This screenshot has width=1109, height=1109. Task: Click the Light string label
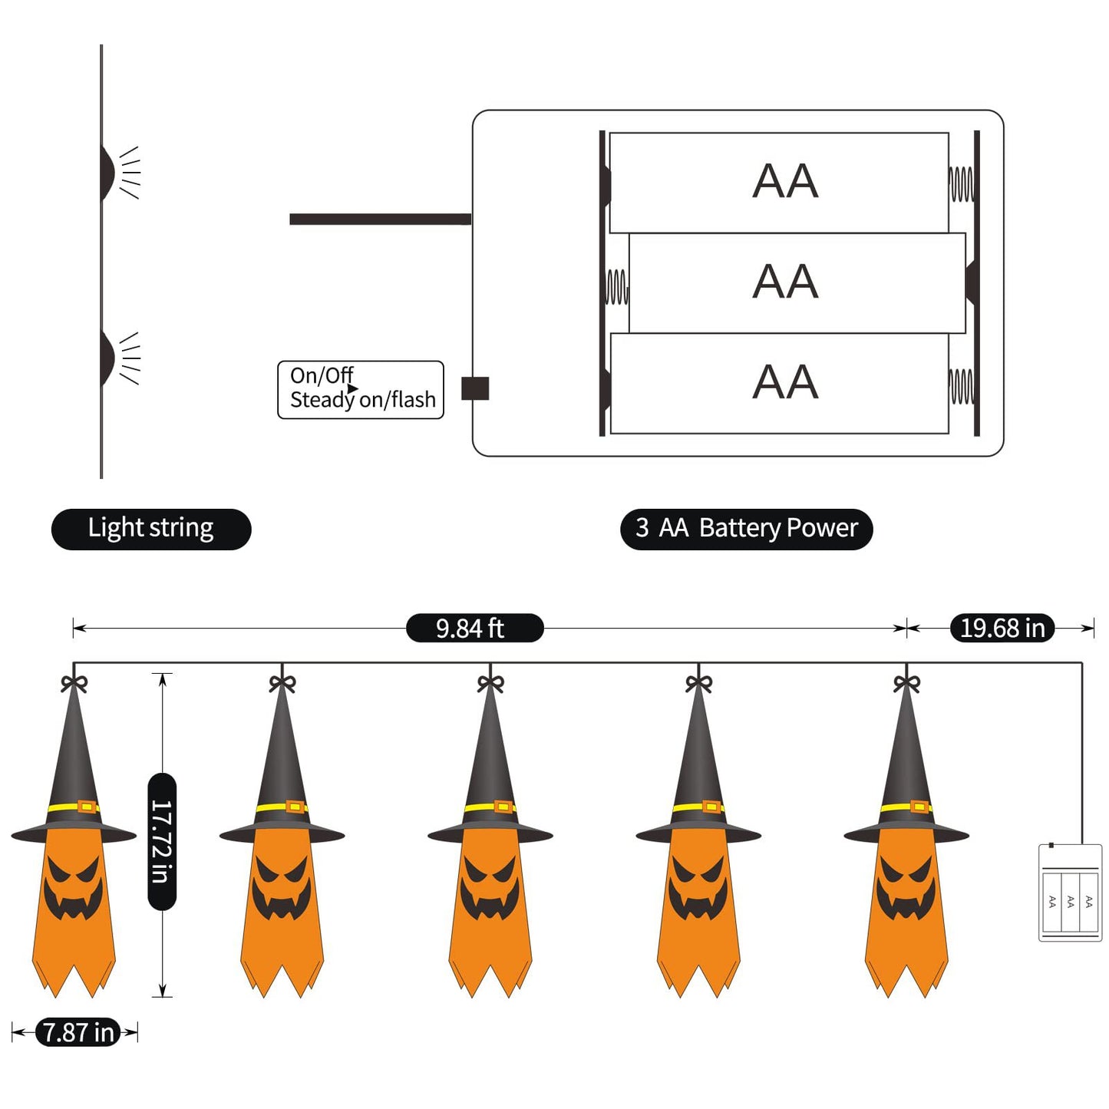click(x=151, y=529)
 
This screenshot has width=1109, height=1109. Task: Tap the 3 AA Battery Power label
click(x=746, y=529)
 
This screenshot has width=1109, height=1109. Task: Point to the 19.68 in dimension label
click(x=1002, y=628)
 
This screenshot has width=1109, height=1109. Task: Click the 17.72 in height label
click(x=161, y=841)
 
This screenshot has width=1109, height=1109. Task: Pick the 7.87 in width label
click(x=78, y=1032)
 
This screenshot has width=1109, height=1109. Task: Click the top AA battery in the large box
click(x=779, y=183)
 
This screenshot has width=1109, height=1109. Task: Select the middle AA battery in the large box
click(x=797, y=282)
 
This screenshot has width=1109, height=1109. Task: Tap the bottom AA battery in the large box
click(x=779, y=383)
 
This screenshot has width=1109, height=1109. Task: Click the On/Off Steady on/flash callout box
click(x=361, y=390)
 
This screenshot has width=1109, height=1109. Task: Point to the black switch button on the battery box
click(x=475, y=388)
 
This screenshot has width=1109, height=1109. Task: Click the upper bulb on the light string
click(x=108, y=170)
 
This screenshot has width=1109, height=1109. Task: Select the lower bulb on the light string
click(x=108, y=357)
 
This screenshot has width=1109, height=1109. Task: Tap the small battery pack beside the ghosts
click(x=1070, y=893)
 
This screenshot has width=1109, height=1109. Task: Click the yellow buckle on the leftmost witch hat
click(x=87, y=807)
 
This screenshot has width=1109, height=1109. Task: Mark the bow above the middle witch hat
click(x=490, y=682)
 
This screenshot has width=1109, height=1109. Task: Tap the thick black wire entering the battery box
click(x=380, y=219)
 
